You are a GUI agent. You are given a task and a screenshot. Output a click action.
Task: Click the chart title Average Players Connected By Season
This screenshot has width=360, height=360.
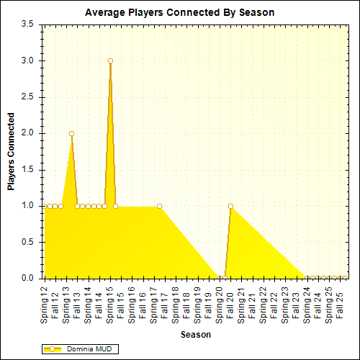(x=179, y=12)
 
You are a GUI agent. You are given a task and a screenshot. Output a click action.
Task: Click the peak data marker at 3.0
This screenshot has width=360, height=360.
(x=110, y=60)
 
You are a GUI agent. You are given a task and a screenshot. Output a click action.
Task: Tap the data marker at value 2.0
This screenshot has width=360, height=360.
(x=71, y=133)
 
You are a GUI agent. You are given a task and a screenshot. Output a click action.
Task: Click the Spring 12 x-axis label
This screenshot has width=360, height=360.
(x=45, y=302)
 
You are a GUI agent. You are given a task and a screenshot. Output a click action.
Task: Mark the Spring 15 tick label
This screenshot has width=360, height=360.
(x=110, y=302)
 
